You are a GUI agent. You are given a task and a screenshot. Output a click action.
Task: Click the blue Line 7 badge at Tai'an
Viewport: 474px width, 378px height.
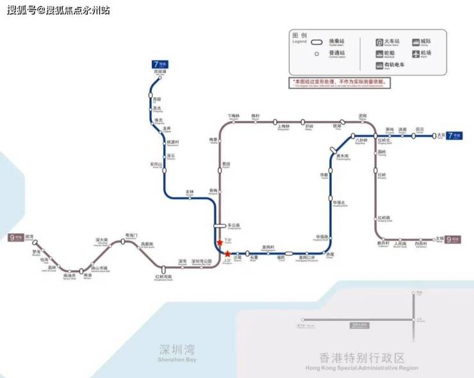pos(454,135)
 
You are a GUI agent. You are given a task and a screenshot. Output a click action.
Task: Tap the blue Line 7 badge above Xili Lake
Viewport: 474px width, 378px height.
pos(159,64)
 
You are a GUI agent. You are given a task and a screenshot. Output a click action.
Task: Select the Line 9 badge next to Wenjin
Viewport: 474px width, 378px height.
pos(453,238)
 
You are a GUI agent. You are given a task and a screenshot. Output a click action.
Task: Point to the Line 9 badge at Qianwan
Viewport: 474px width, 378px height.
pos(15,238)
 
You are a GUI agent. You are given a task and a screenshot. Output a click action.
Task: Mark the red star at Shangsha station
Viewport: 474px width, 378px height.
pos(227,254)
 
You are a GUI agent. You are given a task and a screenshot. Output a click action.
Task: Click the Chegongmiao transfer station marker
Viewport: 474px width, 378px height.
pos(220,226)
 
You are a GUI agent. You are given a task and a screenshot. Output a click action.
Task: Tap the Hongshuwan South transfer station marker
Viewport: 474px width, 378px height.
pos(163,270)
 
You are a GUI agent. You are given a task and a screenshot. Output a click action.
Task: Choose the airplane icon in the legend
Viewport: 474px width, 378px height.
pos(416,54)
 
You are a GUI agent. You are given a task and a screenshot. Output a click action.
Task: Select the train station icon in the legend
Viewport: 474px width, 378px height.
pos(379,42)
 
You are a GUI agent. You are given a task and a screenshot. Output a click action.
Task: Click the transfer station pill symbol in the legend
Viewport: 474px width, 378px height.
pos(316,42)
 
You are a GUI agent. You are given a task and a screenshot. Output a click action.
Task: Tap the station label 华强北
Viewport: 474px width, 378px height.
pos(339,203)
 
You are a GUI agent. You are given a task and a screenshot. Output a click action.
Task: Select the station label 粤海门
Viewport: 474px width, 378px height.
pos(131,235)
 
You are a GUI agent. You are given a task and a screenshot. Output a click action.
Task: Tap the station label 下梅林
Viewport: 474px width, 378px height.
pos(234,115)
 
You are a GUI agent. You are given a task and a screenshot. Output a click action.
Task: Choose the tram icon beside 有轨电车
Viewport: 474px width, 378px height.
pos(379,65)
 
